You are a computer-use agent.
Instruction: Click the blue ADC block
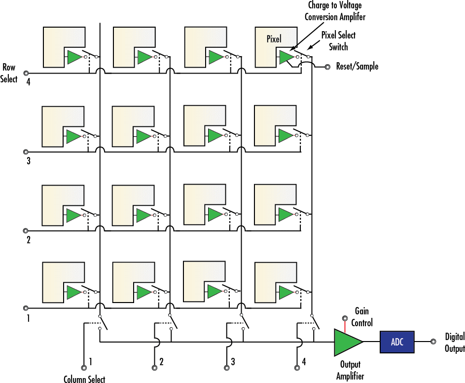(x=397, y=342)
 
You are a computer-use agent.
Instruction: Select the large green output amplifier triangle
(x=348, y=342)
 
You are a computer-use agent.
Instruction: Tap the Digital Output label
(x=454, y=343)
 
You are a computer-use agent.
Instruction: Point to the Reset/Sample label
(x=357, y=66)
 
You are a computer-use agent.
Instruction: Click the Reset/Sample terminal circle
(x=327, y=67)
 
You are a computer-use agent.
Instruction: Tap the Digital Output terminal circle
(x=432, y=342)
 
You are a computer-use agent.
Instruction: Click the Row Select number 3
(x=28, y=160)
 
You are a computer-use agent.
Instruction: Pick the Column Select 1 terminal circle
(x=84, y=366)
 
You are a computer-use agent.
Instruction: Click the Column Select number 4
(x=304, y=362)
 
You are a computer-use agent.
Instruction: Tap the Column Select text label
(x=84, y=379)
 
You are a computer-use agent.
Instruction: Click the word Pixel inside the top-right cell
(x=274, y=39)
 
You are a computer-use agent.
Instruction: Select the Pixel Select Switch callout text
(x=338, y=41)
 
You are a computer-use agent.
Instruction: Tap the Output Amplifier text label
(x=350, y=370)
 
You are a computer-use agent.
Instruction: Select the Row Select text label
(x=9, y=73)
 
